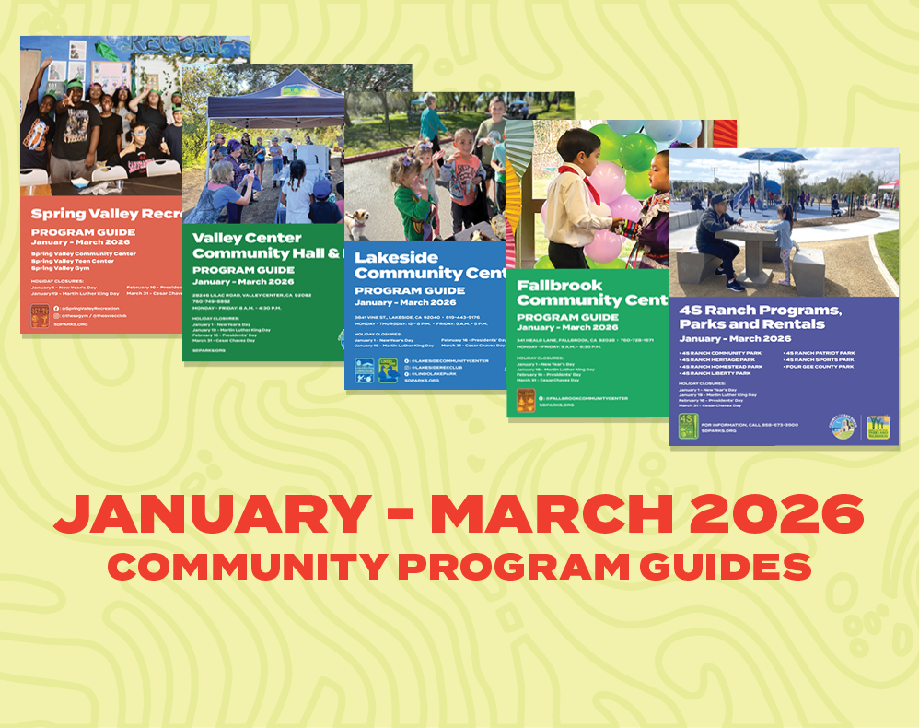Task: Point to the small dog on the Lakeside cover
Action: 358,223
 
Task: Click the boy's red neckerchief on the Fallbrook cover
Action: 576,173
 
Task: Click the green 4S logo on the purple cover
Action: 687,425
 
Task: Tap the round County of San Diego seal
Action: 844,428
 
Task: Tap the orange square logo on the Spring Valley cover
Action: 41,316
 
